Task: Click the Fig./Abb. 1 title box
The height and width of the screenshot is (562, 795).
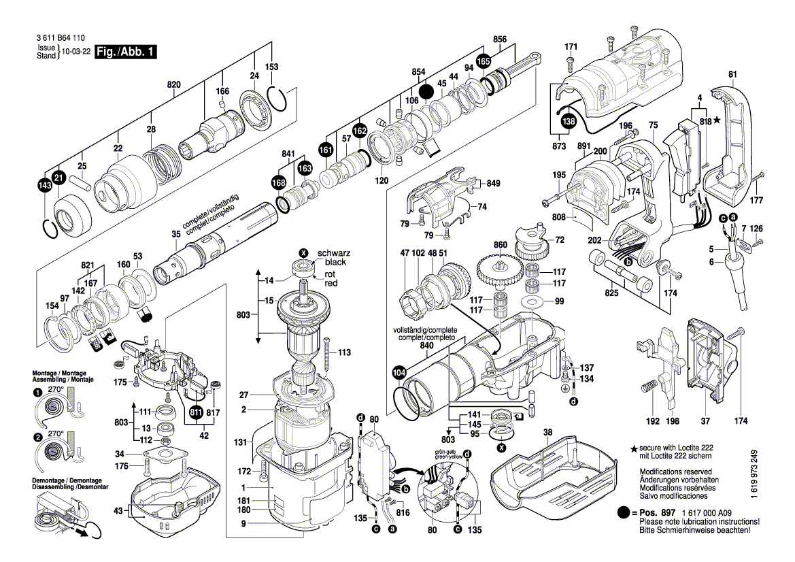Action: click(126, 52)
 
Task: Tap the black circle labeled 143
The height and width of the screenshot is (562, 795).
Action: click(46, 186)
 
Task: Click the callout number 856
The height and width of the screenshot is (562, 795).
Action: click(500, 39)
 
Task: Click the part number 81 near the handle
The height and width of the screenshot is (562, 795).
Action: click(732, 74)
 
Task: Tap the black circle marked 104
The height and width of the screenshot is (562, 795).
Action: click(399, 373)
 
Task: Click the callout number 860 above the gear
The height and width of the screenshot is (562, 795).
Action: click(501, 244)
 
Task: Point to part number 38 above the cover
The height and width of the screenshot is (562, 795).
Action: click(548, 433)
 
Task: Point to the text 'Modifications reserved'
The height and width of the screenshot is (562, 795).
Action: click(675, 472)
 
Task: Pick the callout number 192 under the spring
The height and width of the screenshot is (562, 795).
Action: click(653, 421)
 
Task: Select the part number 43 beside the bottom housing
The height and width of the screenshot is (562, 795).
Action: click(118, 510)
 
